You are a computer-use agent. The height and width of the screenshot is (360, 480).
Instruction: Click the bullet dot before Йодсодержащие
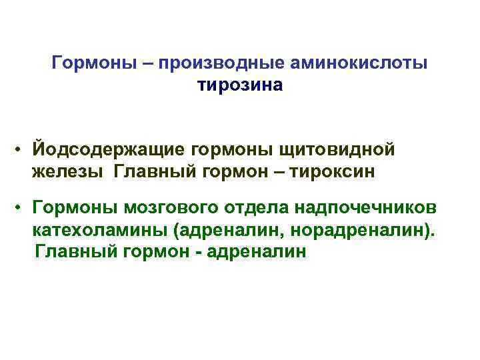(x=22, y=149)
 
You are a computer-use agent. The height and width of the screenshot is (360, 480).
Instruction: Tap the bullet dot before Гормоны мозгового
(x=22, y=207)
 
